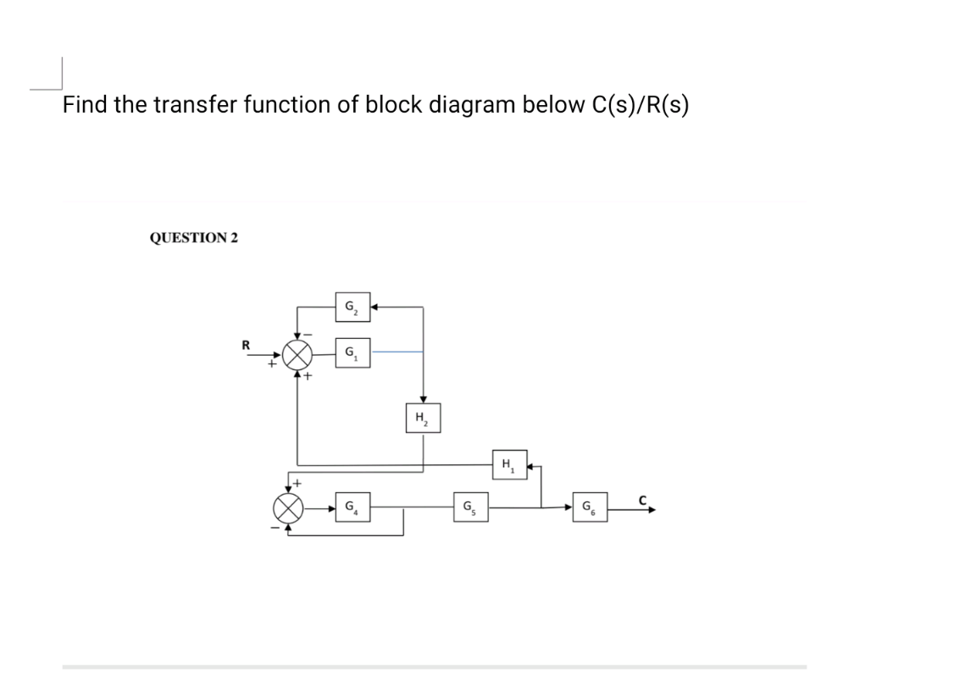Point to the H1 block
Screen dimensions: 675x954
(508, 465)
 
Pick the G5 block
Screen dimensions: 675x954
(468, 509)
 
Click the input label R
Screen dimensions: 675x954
(246, 345)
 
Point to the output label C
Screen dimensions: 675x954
(644, 500)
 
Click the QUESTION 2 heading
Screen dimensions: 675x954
(193, 238)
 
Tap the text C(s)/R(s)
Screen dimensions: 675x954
(630, 105)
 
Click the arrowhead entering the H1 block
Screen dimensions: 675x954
(531, 465)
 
